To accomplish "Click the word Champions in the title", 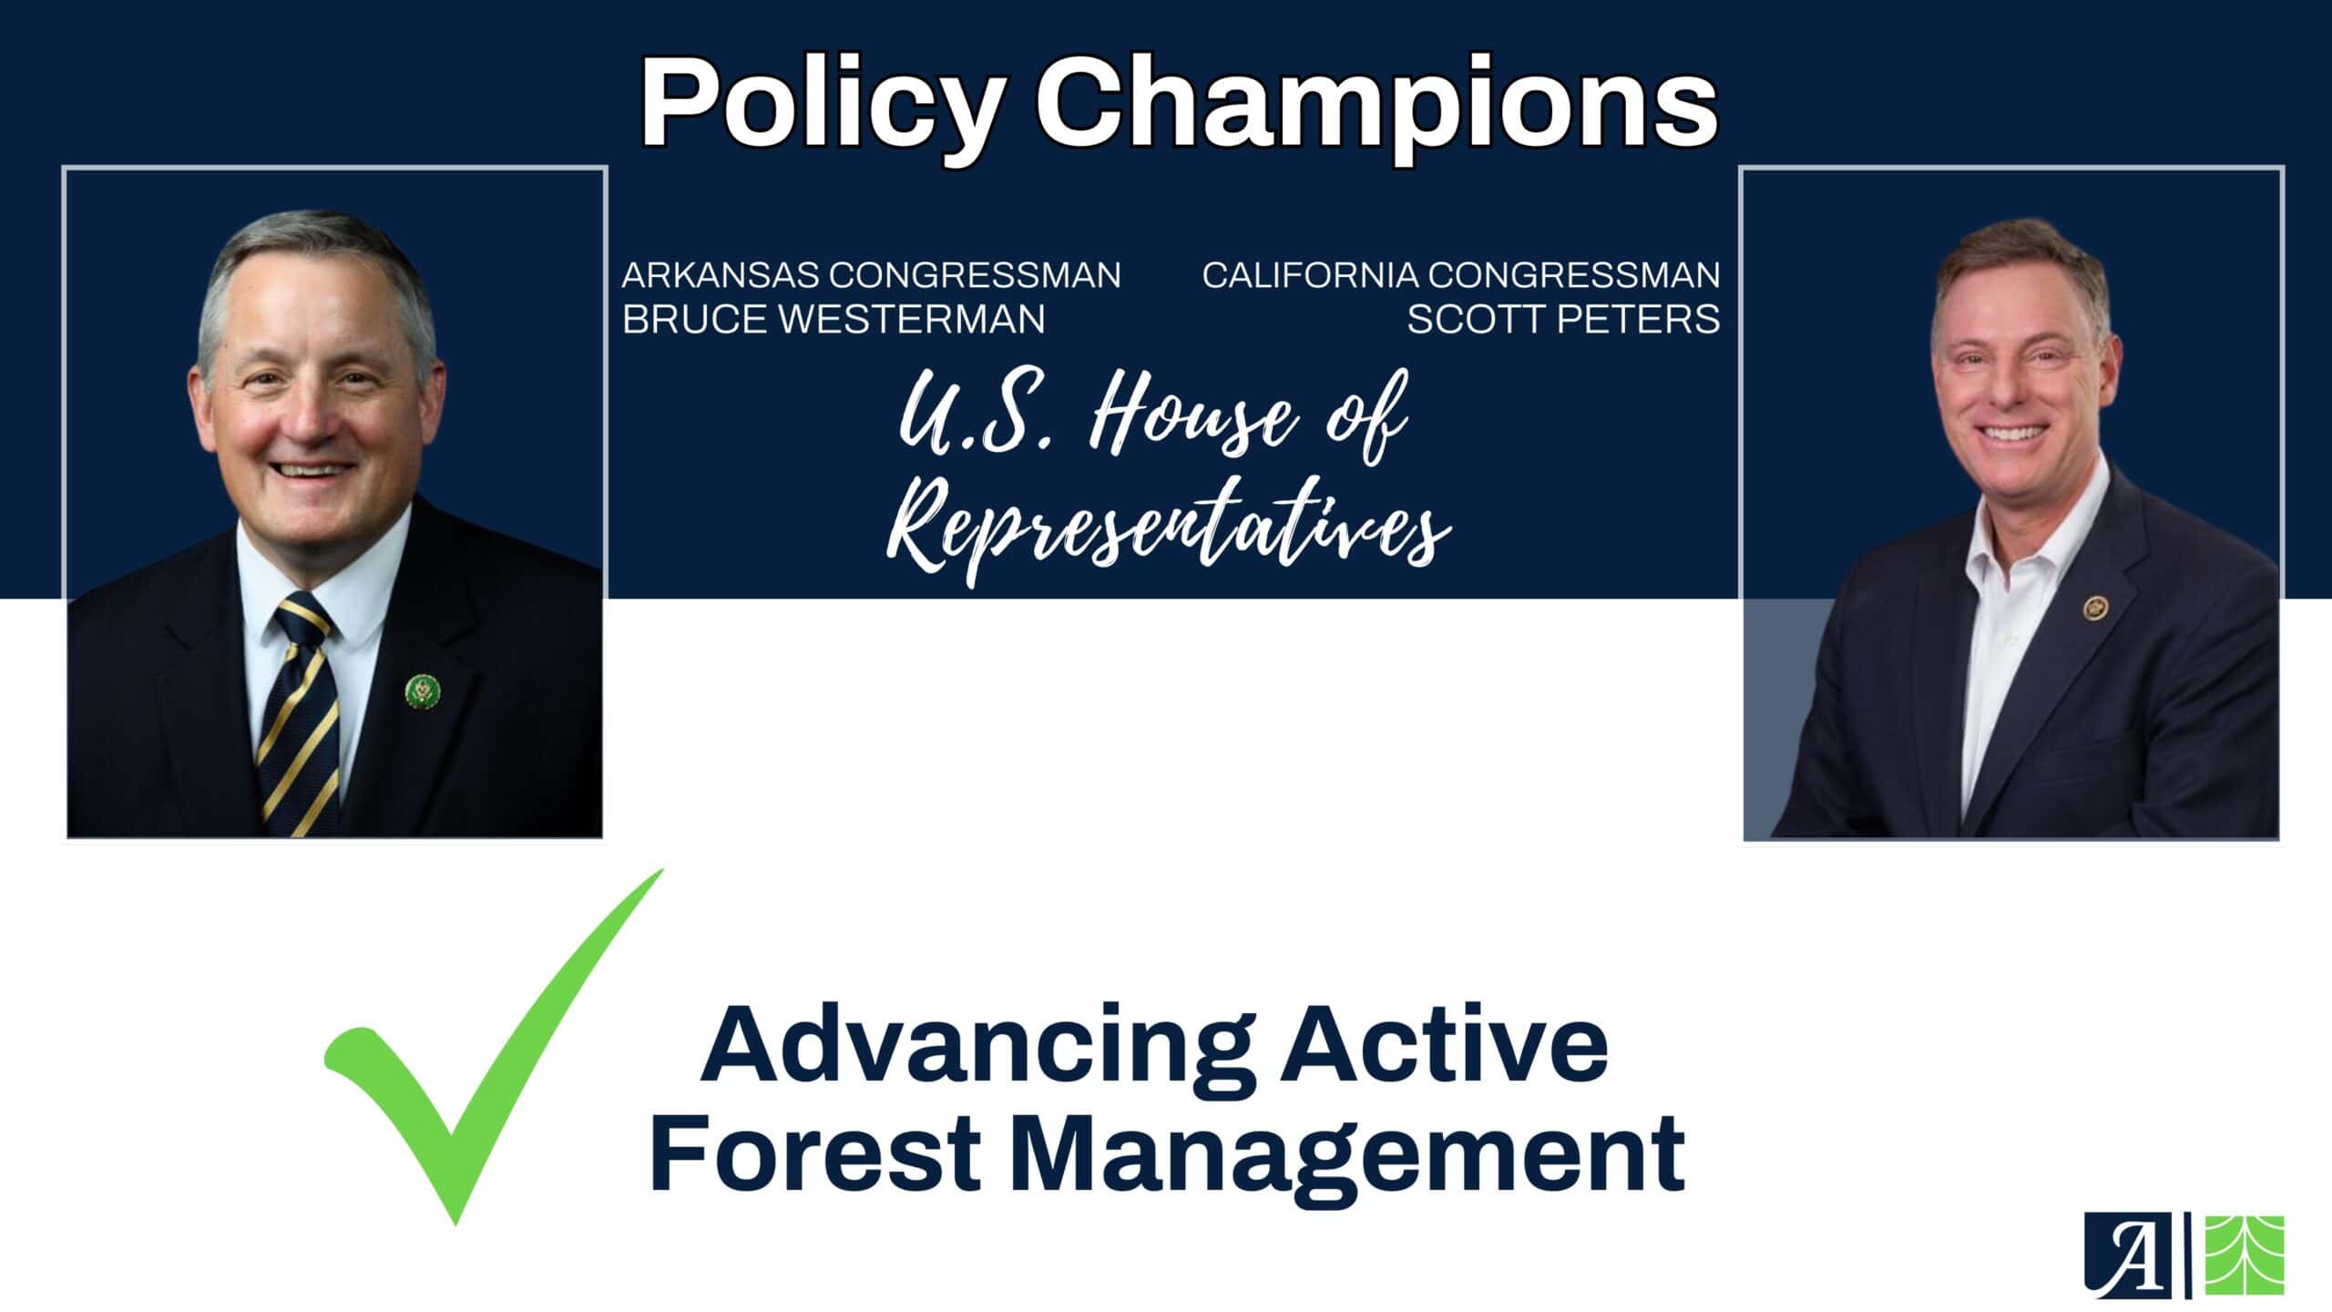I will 1376,105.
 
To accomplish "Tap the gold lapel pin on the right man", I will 2094,608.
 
